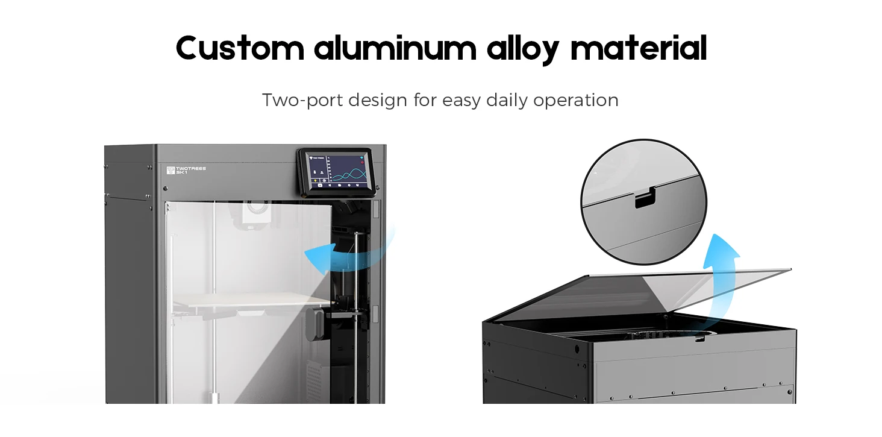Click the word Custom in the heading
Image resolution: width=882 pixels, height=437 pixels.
pos(240,48)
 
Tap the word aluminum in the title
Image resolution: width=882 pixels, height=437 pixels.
pos(395,48)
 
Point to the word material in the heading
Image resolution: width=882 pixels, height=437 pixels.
pos(638,48)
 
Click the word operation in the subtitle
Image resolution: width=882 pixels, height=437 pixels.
pos(576,101)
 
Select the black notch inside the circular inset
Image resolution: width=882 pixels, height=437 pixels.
pos(645,199)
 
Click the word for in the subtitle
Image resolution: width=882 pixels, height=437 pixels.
pos(425,100)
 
